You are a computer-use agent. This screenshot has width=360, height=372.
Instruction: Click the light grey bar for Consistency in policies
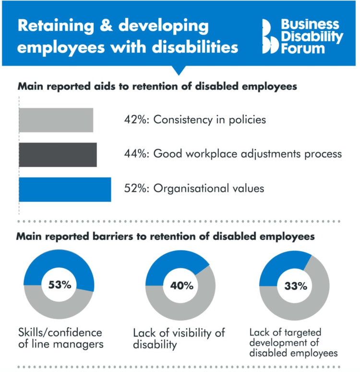tap(56, 120)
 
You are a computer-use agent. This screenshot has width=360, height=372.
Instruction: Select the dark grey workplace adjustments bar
tap(58, 154)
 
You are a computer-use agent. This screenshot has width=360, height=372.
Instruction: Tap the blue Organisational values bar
tap(65, 189)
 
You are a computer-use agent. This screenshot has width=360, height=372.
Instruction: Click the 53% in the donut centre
tap(59, 284)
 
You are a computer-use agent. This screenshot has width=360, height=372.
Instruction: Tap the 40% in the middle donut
tap(181, 286)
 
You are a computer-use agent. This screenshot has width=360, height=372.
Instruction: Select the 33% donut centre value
tap(295, 287)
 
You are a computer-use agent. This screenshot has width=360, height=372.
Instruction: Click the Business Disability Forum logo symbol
tap(271, 37)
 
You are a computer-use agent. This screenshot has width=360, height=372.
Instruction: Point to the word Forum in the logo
tap(300, 48)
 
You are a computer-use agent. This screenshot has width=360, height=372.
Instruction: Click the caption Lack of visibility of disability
tap(179, 338)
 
